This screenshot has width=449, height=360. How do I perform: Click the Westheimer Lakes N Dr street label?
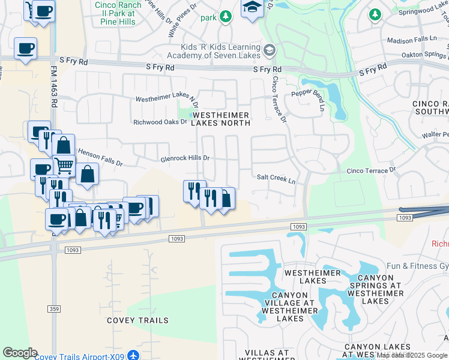coord(166,98)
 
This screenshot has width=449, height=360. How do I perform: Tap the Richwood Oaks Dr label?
coord(160,122)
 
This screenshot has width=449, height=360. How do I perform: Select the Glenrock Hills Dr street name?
coord(185,158)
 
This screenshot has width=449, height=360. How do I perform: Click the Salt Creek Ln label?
coord(276,178)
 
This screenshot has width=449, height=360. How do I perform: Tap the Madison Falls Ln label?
coord(412,40)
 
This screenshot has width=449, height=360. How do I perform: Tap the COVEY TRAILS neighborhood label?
coord(137,320)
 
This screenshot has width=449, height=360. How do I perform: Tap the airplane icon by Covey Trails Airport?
coord(133,356)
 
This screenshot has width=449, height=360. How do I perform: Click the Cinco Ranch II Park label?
coord(118,14)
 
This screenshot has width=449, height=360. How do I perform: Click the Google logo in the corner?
coord(20,353)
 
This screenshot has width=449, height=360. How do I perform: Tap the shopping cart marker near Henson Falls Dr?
coord(64,165)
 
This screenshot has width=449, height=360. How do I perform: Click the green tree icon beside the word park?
coord(225,17)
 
